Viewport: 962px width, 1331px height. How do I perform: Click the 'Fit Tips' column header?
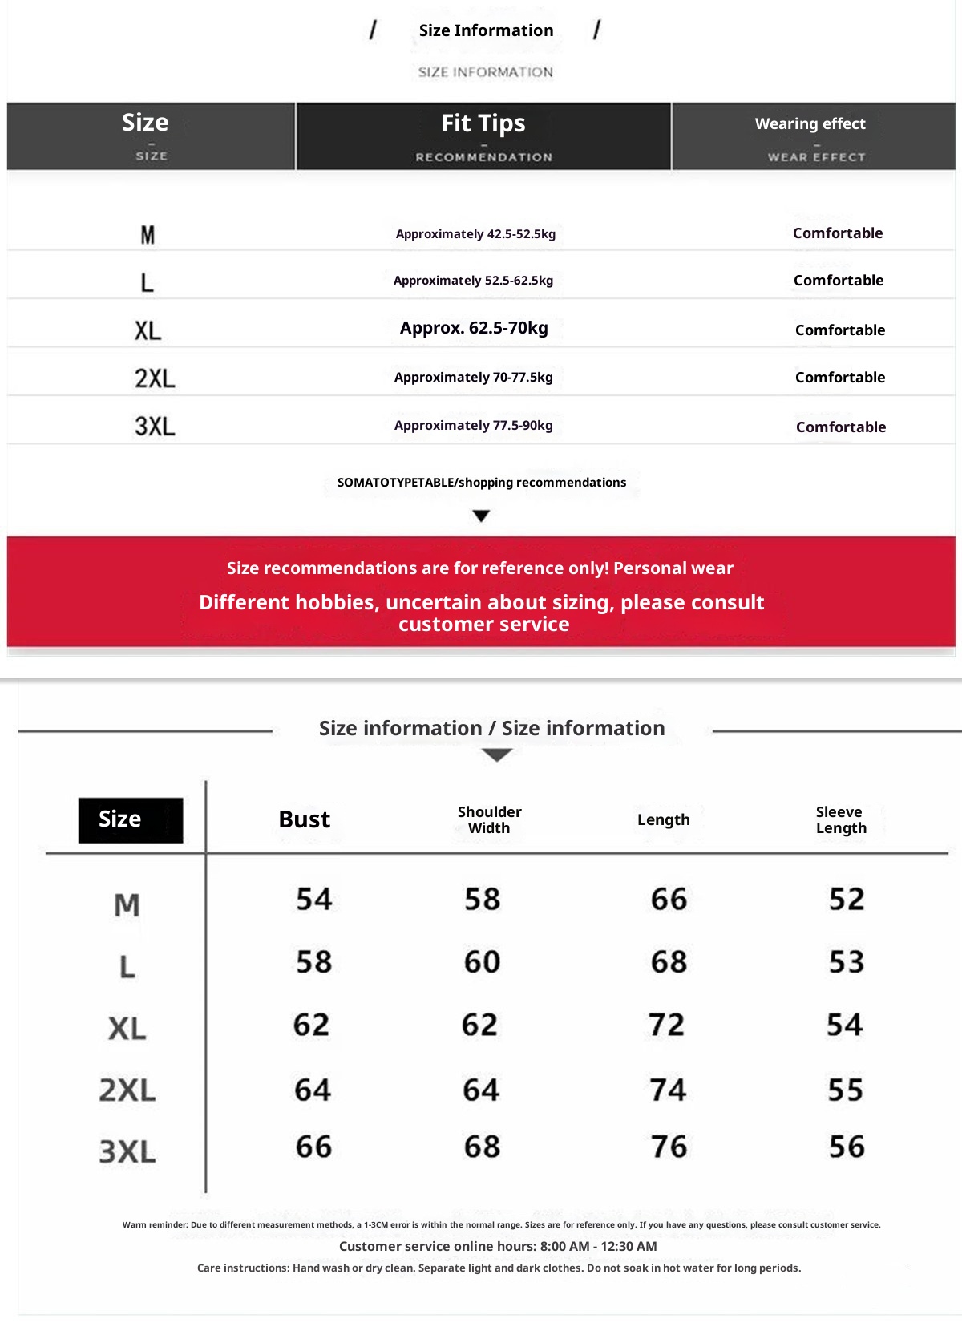tap(483, 124)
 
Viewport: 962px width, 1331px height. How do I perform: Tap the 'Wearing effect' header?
tap(810, 124)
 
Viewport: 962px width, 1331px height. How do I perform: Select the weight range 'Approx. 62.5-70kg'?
tap(474, 328)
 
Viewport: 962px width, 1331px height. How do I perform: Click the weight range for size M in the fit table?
tap(475, 234)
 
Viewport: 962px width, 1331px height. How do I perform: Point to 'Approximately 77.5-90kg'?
tap(473, 426)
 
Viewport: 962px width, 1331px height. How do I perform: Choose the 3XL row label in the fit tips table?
tap(154, 427)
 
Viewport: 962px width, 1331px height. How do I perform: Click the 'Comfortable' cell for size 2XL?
tap(839, 378)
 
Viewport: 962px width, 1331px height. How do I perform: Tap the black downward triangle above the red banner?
tap(481, 516)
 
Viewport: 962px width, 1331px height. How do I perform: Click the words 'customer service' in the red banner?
tap(483, 625)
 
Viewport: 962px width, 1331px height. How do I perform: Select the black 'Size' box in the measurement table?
tap(130, 819)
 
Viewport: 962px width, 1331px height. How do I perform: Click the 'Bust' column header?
tap(304, 819)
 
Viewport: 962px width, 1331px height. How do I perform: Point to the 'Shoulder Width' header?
tap(489, 819)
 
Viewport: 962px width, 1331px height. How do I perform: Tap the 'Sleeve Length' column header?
tap(840, 819)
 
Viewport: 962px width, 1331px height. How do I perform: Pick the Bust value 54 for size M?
tap(313, 899)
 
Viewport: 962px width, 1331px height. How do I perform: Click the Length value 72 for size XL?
tap(666, 1025)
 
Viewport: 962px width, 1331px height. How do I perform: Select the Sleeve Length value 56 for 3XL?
tap(847, 1147)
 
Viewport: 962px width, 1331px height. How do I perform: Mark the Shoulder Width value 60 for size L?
tap(482, 962)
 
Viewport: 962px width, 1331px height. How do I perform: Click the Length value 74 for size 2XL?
tap(668, 1090)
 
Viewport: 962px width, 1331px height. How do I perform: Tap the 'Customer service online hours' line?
tap(498, 1246)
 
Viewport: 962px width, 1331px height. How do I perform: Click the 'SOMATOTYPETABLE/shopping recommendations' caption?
tap(481, 483)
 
